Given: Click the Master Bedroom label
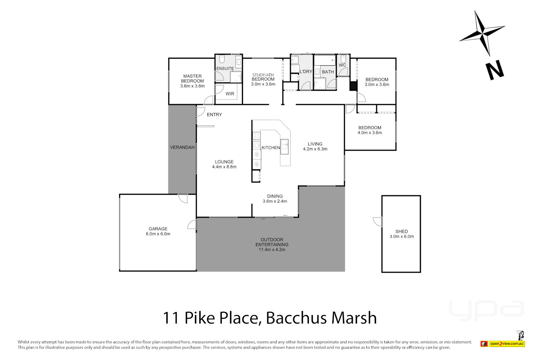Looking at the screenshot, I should pos(192,78).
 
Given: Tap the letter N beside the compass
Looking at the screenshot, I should pos(494,70).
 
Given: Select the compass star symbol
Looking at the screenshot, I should pos(482,33).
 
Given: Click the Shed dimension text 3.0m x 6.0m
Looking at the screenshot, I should pos(402,237).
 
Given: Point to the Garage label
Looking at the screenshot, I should pos(158,229).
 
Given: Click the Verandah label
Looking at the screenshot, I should pos(182,147).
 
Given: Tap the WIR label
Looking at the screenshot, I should pos(230,94).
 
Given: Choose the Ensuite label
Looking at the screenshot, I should pos(225,69).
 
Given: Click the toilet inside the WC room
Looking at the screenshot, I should pos(343,59).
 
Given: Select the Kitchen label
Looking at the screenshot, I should pos(271,148).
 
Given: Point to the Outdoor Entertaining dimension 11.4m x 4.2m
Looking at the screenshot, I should pos(272,250).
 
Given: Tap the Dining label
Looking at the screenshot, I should pos(275,196).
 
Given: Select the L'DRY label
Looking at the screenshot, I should pos(306,72).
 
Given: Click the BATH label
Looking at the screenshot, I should pos(328,72).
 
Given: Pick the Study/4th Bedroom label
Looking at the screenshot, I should pos(263,77).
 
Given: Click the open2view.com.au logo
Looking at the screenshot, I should pos(507,344).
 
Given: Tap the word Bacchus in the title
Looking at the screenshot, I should pos(297,318).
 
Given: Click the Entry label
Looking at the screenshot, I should pos(214,115).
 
